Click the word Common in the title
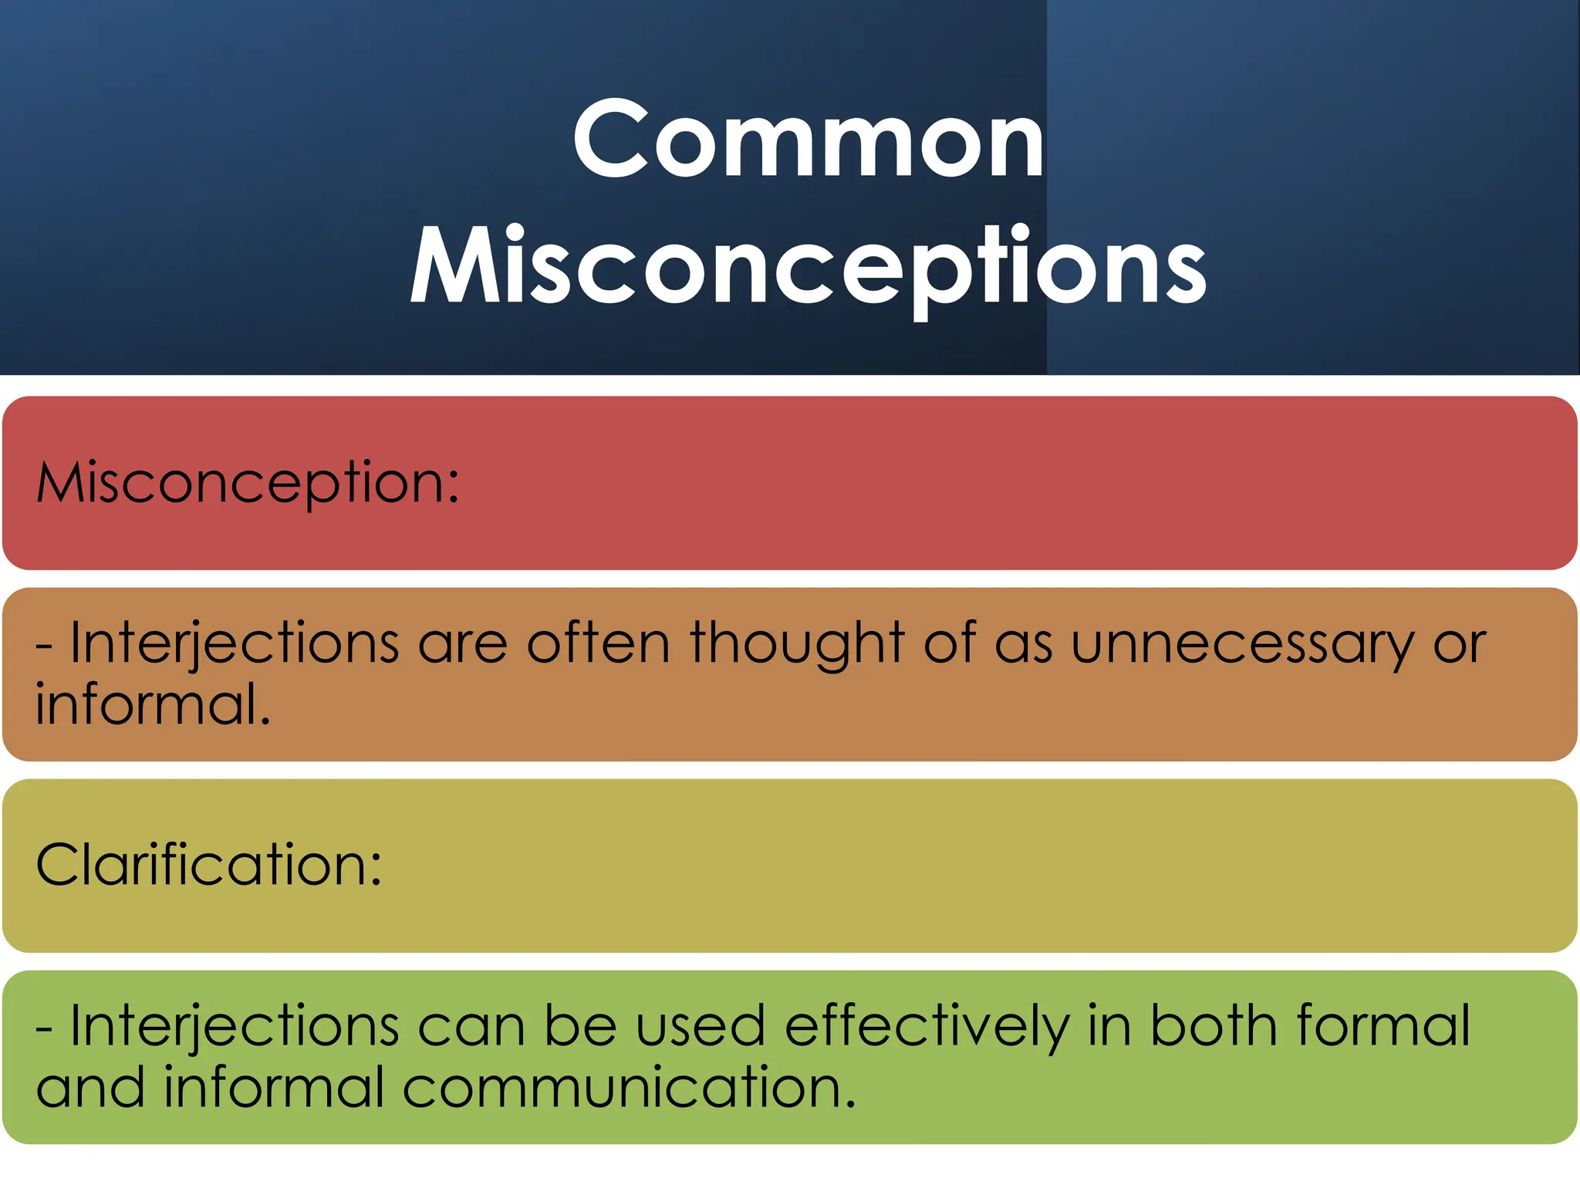(x=808, y=140)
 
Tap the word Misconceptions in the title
(x=808, y=266)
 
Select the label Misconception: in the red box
(x=248, y=484)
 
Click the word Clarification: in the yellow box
(x=209, y=865)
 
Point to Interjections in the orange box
(x=235, y=644)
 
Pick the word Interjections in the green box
(x=235, y=1027)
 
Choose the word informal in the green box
(x=274, y=1087)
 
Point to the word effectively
(x=927, y=1027)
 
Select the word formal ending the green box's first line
(x=1383, y=1025)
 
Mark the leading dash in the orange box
(x=44, y=647)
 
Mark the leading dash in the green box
(x=44, y=1029)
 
